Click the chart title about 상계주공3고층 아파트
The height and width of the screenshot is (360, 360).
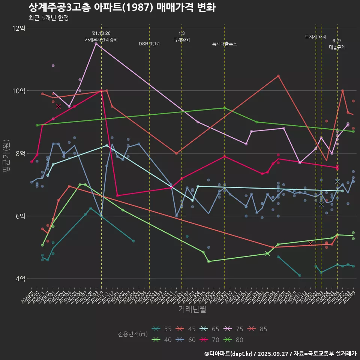(x=122, y=7)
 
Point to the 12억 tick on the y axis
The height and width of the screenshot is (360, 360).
(x=19, y=28)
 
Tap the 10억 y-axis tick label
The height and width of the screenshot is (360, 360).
(x=19, y=91)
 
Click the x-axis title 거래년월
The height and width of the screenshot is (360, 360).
(x=192, y=309)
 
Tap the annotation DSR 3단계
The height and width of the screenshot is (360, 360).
(x=150, y=44)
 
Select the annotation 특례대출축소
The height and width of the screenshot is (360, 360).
(x=225, y=44)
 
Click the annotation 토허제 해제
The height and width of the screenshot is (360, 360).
(x=316, y=37)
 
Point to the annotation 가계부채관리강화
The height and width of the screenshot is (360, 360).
(x=101, y=40)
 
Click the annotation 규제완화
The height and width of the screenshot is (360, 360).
(x=182, y=40)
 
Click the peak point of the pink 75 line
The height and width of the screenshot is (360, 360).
(x=96, y=44)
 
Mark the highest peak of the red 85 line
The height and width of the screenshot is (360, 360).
(x=278, y=76)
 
